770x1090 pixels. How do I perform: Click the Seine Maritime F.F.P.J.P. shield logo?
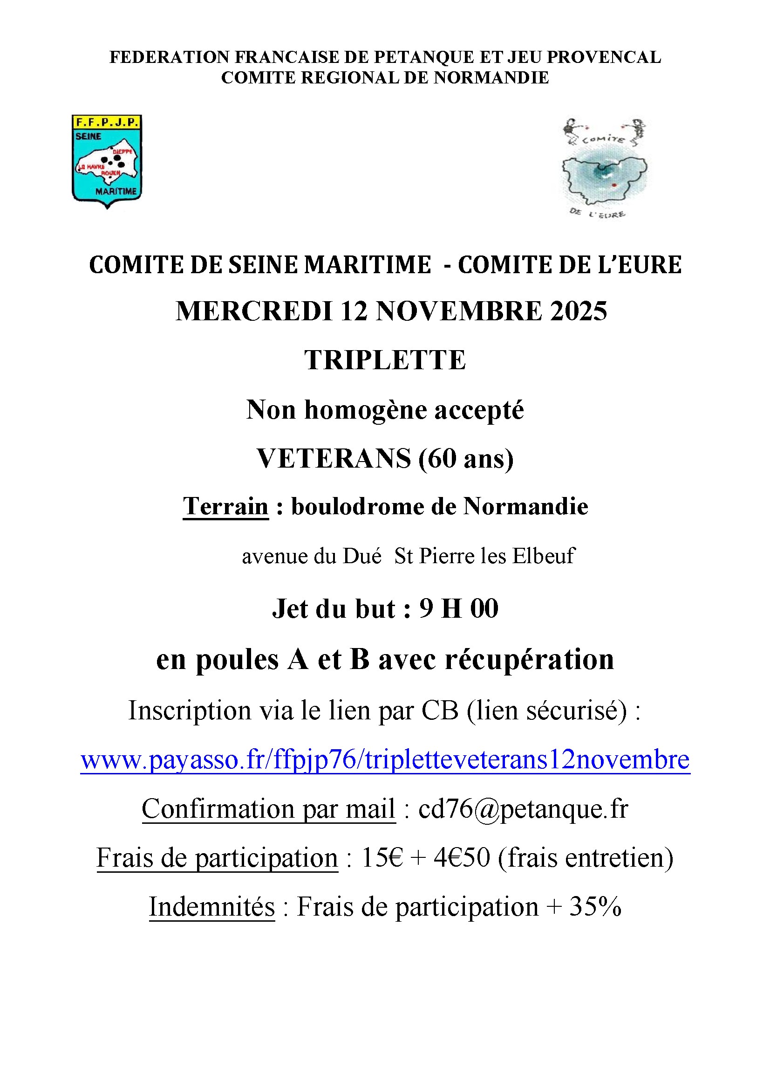107,161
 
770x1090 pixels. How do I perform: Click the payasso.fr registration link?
385,759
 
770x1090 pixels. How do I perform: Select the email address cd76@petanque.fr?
523,809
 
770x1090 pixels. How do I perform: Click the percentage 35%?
595,907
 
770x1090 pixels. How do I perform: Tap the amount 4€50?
461,858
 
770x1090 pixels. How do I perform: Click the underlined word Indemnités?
211,907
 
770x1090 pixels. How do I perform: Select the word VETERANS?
334,459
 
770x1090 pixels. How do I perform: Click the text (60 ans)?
466,459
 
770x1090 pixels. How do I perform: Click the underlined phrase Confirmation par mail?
268,809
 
